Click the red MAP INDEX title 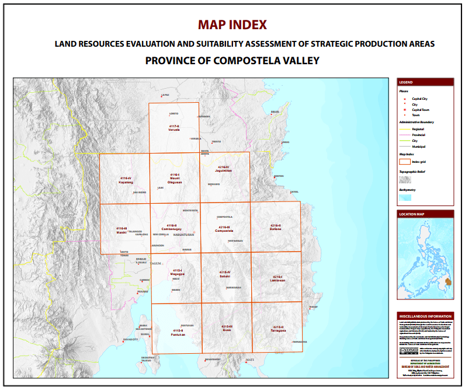[232, 25]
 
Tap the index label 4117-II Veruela [173, 128]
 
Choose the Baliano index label [275, 227]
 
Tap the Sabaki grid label [225, 274]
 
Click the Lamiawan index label [277, 278]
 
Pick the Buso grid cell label [227, 328]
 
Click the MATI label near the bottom [250, 360]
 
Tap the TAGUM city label [155, 263]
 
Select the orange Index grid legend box [404, 161]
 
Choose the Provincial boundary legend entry [418, 135]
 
